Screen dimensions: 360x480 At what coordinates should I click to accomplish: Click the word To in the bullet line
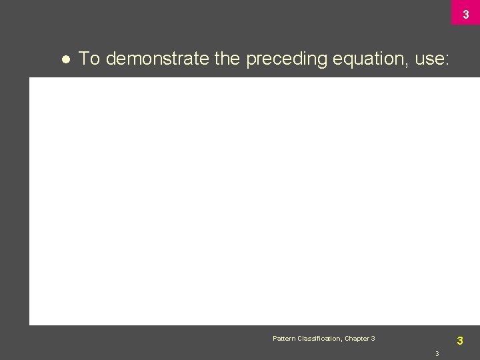[x=89, y=59]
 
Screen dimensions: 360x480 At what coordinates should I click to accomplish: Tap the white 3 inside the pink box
[x=466, y=14]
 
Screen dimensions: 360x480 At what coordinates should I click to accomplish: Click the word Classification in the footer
[x=319, y=339]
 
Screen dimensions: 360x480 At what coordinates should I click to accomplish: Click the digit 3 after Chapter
[x=373, y=339]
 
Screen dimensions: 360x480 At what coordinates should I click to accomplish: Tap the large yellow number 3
[x=460, y=341]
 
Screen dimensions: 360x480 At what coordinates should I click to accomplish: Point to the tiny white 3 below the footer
[x=437, y=353]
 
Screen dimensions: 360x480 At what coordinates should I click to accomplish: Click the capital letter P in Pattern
[x=275, y=339]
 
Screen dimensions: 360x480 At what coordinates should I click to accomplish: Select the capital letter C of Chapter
[x=347, y=339]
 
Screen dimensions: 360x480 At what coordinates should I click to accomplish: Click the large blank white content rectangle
[x=253, y=200]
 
